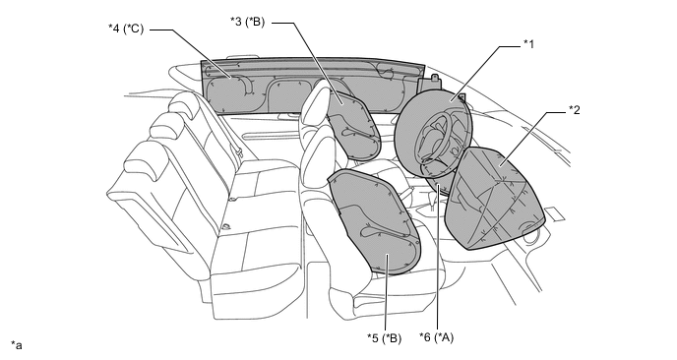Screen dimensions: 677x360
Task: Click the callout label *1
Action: point(528,44)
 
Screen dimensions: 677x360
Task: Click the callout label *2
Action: point(575,110)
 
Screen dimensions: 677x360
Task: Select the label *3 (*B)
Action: point(247,22)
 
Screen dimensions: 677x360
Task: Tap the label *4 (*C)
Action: point(126,29)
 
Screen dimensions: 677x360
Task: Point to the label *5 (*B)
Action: point(385,338)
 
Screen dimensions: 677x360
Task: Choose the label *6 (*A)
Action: point(437,336)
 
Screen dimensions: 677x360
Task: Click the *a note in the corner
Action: point(17,345)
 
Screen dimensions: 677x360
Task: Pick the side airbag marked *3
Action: point(354,125)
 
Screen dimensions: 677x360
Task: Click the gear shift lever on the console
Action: point(432,199)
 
